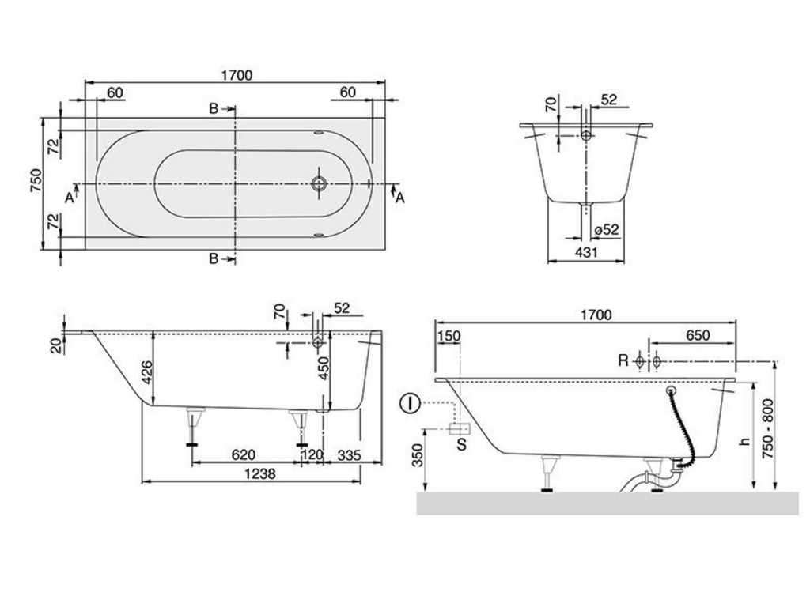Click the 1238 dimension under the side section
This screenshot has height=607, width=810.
click(x=244, y=473)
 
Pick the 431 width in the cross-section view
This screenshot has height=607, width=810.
click(x=585, y=252)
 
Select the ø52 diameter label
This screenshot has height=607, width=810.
click(x=607, y=230)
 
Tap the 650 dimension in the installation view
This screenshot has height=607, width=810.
click(x=697, y=335)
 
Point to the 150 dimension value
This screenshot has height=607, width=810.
click(x=449, y=335)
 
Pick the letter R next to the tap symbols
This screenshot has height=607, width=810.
click(x=623, y=361)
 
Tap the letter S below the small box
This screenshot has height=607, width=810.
click(x=462, y=445)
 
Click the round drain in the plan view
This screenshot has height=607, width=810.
click(x=319, y=183)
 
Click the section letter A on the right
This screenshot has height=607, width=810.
click(x=399, y=198)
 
